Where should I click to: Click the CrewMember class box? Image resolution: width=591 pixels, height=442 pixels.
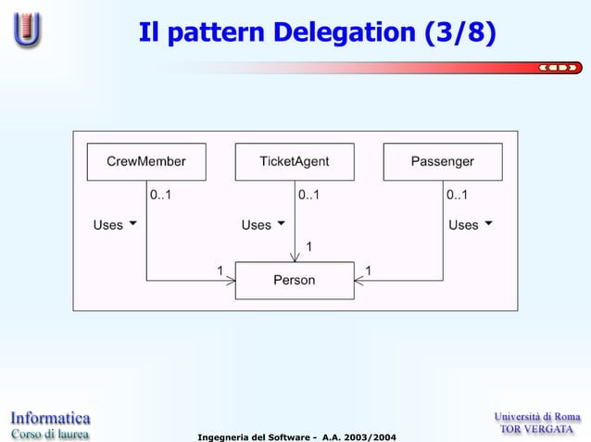pos(146,161)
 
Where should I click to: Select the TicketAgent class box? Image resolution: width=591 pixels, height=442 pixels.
pos(295,161)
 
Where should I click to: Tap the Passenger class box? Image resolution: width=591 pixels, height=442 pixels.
pos(443,161)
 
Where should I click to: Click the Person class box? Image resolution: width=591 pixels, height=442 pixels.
pos(295,280)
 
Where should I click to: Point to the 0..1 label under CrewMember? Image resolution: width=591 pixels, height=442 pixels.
pos(160,196)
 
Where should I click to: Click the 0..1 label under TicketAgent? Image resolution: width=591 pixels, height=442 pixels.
pos(308,196)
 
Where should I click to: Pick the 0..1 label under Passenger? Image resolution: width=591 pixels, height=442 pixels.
pos(457,196)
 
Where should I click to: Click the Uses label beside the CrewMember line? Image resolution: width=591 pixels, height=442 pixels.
pos(108,225)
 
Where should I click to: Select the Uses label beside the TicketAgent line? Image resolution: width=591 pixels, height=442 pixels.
pos(257,225)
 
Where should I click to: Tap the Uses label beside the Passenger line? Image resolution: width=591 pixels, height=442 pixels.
pos(463,225)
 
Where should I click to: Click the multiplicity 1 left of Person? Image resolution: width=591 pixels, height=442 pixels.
pos(220,270)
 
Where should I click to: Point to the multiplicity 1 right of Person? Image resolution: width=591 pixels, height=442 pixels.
pos(369,270)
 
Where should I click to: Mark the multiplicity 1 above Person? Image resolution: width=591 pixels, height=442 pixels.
pos(308,246)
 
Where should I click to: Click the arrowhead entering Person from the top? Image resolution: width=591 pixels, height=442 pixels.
pos(295,258)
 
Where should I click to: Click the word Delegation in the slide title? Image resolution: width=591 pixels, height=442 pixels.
pos(344,33)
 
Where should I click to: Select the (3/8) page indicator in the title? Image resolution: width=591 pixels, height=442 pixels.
pos(459,33)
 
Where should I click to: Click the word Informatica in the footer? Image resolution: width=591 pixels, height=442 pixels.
pos(50,417)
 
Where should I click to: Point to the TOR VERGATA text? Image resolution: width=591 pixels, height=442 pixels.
pos(537,430)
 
